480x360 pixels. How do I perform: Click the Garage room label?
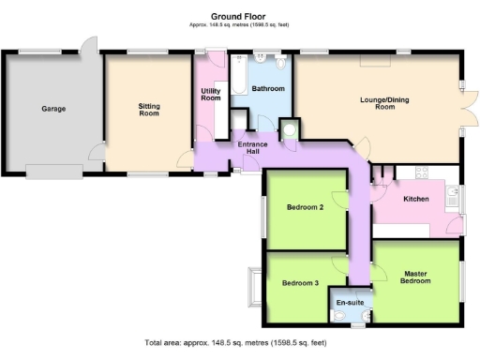pyautogui.click(x=52, y=109)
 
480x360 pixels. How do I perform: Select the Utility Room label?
pyautogui.click(x=211, y=94)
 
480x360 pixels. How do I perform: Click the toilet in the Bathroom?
pyautogui.click(x=283, y=65)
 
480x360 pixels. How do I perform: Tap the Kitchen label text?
pyautogui.click(x=415, y=200)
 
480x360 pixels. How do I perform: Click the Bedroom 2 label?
pyautogui.click(x=305, y=208)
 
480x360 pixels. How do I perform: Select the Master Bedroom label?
pyautogui.click(x=417, y=277)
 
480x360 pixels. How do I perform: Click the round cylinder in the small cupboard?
pyautogui.click(x=290, y=130)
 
